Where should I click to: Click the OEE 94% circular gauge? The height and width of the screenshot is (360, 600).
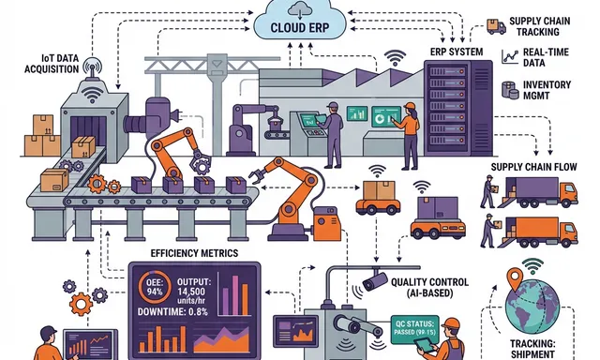pyautogui.click(x=152, y=286)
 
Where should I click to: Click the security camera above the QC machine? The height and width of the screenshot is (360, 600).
pyautogui.click(x=374, y=279)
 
